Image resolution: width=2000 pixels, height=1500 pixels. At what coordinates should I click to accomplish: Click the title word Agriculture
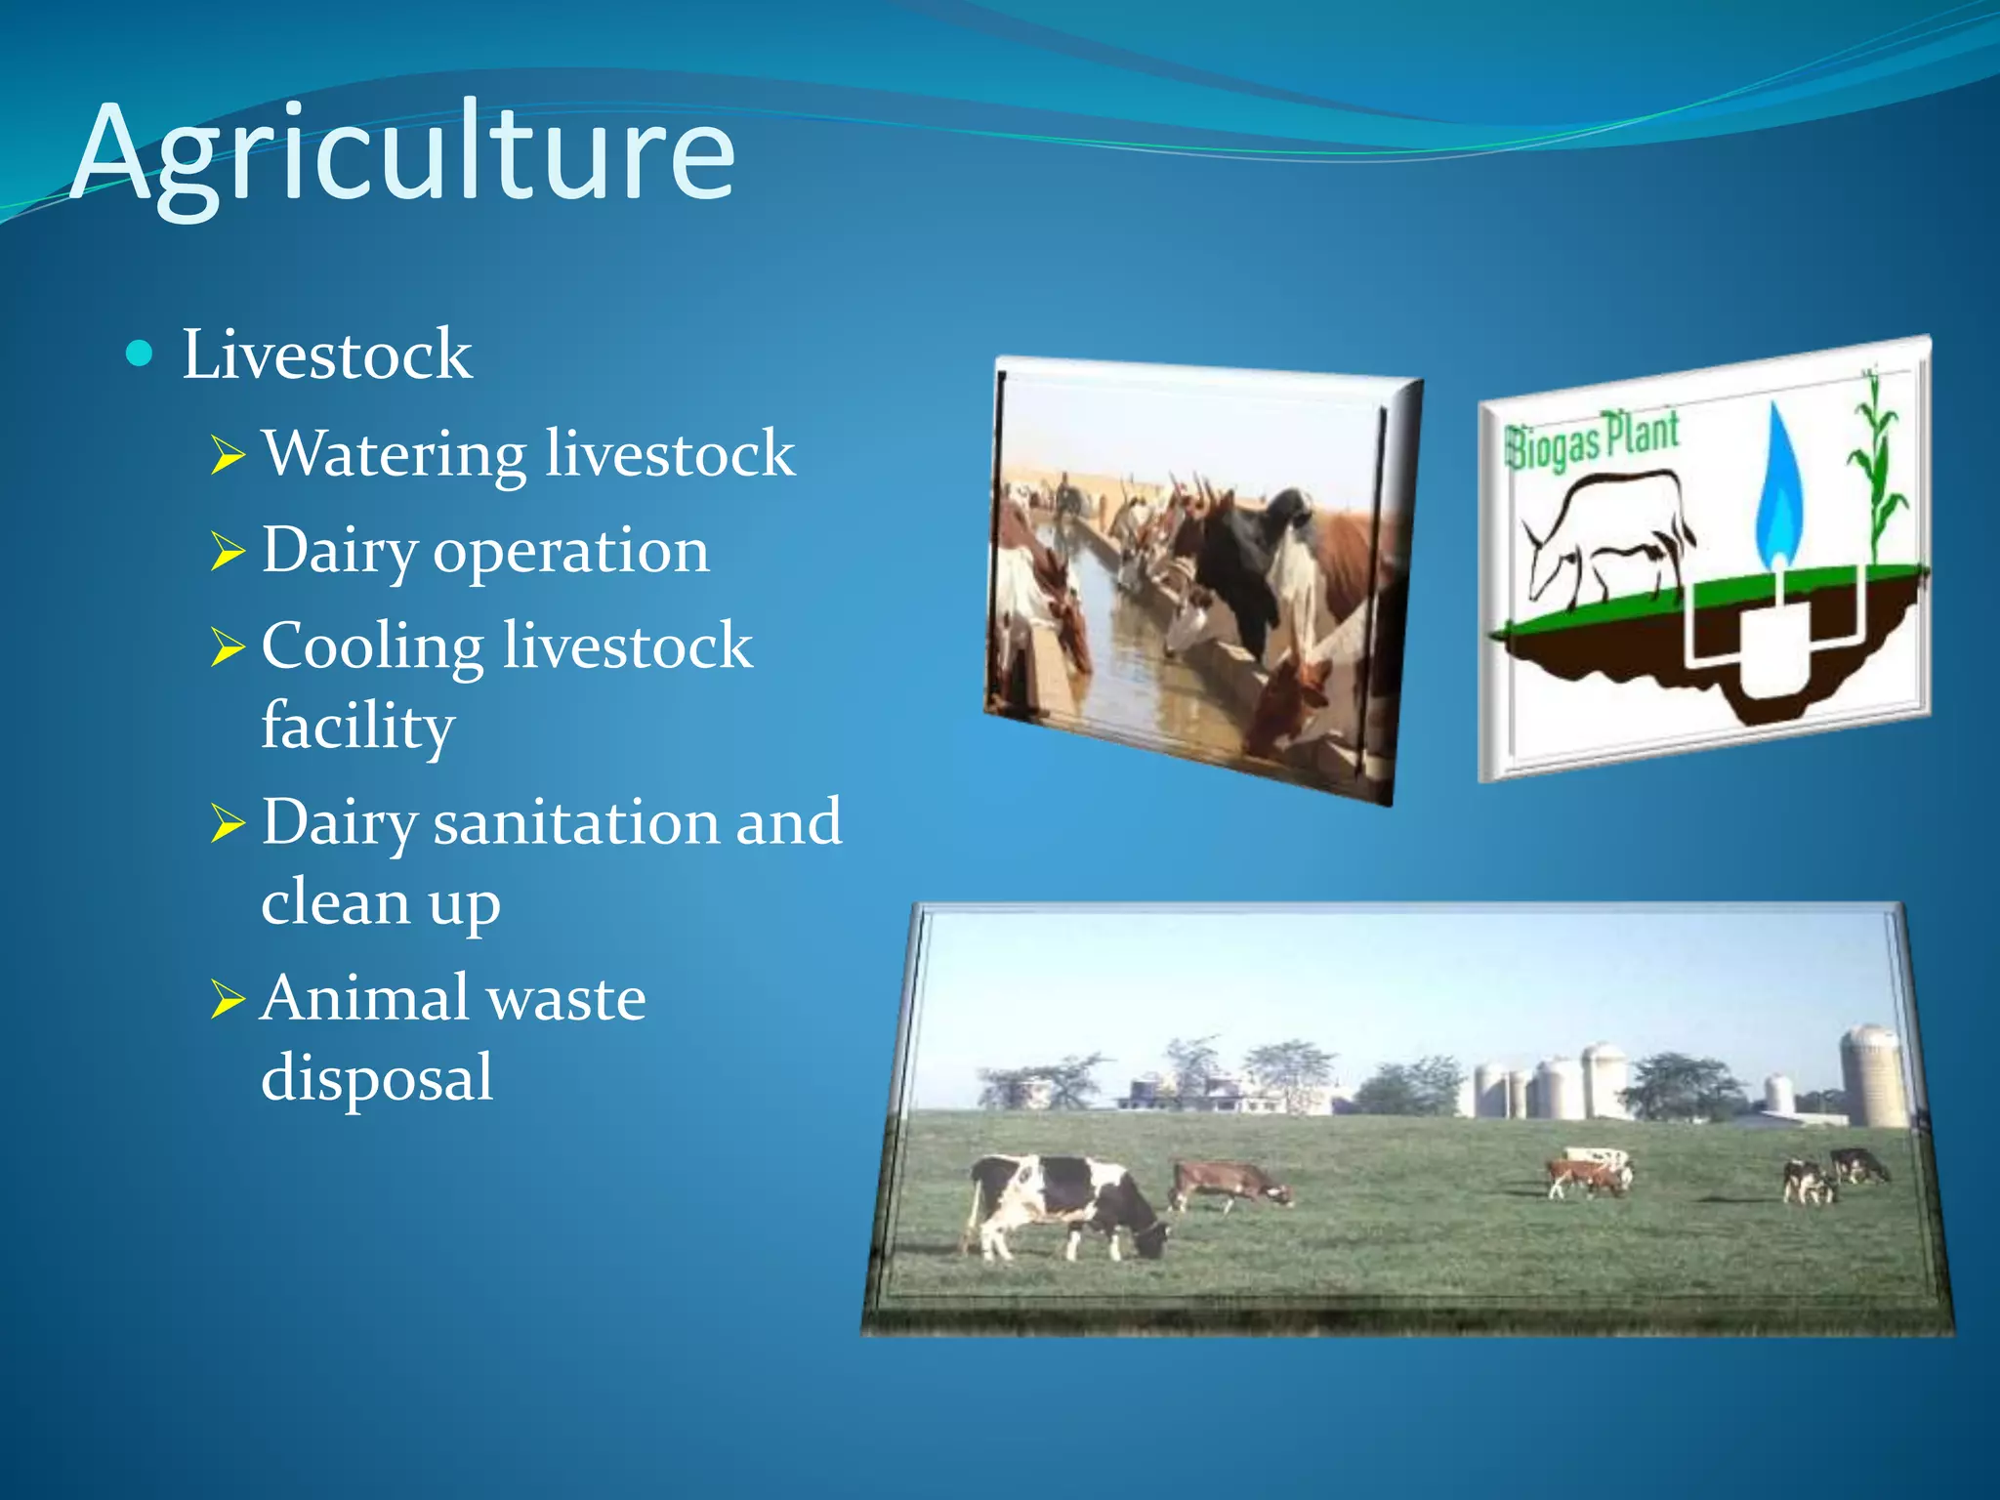402,154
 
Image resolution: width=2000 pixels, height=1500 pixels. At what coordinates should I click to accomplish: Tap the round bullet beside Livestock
141,353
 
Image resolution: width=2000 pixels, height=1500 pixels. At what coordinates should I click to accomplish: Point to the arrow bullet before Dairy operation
228,552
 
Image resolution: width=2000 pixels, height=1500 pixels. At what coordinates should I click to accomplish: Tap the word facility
357,727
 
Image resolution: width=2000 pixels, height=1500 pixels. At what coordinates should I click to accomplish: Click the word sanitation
576,823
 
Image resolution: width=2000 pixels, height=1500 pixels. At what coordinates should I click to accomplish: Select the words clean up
381,902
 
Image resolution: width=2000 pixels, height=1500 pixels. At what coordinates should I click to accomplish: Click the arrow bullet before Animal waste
228,999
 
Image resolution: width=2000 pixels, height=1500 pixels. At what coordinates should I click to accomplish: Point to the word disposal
377,1078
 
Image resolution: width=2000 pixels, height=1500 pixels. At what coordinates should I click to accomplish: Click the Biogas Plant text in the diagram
1593,440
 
